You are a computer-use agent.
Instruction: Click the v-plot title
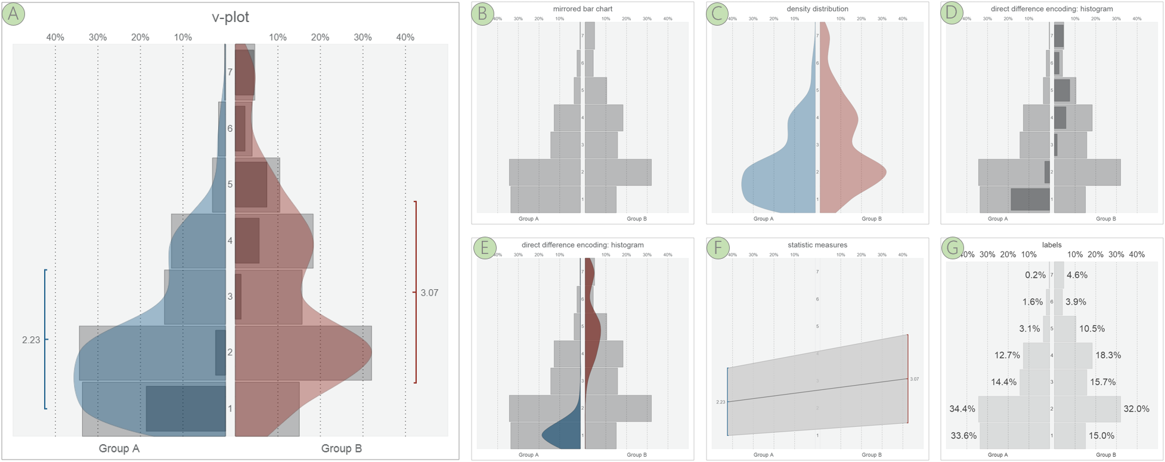(230, 17)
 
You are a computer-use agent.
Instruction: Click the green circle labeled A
(13, 14)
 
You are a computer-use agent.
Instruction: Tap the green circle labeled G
(953, 247)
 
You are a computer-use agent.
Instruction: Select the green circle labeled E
(485, 247)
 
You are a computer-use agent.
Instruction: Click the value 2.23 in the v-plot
(31, 340)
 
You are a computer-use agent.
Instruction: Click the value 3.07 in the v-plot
(429, 293)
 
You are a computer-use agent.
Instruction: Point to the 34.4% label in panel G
(962, 409)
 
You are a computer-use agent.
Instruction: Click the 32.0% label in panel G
(1136, 409)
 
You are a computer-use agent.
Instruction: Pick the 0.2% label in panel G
(1035, 275)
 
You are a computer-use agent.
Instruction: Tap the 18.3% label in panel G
(1108, 355)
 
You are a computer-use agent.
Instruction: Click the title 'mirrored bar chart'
(582, 9)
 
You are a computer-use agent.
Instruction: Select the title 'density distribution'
(817, 9)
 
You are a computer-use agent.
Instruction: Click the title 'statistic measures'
(817, 245)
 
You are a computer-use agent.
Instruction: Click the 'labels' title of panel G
(1052, 245)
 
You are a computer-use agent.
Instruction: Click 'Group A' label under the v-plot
(119, 448)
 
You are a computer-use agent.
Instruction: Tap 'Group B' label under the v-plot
(341, 448)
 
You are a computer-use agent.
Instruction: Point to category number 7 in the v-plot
(230, 72)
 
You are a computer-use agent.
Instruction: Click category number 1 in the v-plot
(230, 409)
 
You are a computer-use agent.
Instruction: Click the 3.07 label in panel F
(914, 379)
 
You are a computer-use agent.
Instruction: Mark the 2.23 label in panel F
(720, 402)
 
